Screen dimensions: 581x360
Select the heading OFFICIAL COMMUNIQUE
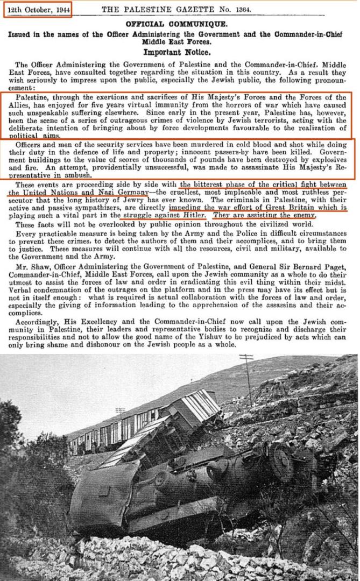tap(180, 24)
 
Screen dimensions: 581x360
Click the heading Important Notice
tap(180, 53)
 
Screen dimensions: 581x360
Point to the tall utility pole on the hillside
tap(248, 377)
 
